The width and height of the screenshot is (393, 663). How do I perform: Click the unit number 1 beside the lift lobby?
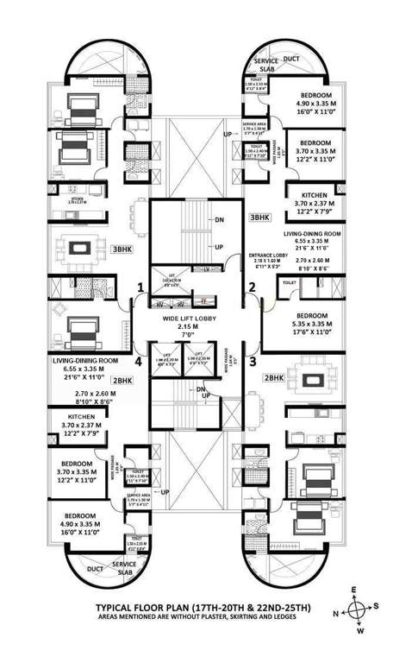pyautogui.click(x=139, y=287)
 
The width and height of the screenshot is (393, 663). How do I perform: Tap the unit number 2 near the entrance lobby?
pyautogui.click(x=253, y=287)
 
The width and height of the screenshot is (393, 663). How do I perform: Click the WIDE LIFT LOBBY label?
pyautogui.click(x=196, y=319)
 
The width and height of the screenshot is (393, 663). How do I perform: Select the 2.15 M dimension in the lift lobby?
pyautogui.click(x=196, y=328)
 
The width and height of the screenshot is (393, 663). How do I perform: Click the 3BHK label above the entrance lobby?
pyautogui.click(x=259, y=218)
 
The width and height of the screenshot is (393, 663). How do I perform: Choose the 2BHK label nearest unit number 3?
pyautogui.click(x=274, y=378)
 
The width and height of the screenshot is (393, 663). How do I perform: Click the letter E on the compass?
pyautogui.click(x=353, y=590)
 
